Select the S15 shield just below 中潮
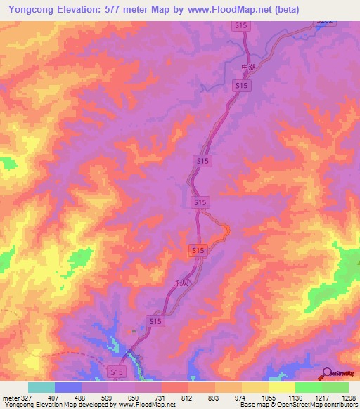pyautogui.click(x=241, y=85)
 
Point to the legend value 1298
pyautogui.click(x=348, y=398)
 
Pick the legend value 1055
pyautogui.click(x=268, y=398)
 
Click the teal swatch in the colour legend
pyautogui.click(x=41, y=387)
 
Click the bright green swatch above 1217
pyautogui.click(x=308, y=387)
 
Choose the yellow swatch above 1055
pyautogui.click(x=255, y=387)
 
